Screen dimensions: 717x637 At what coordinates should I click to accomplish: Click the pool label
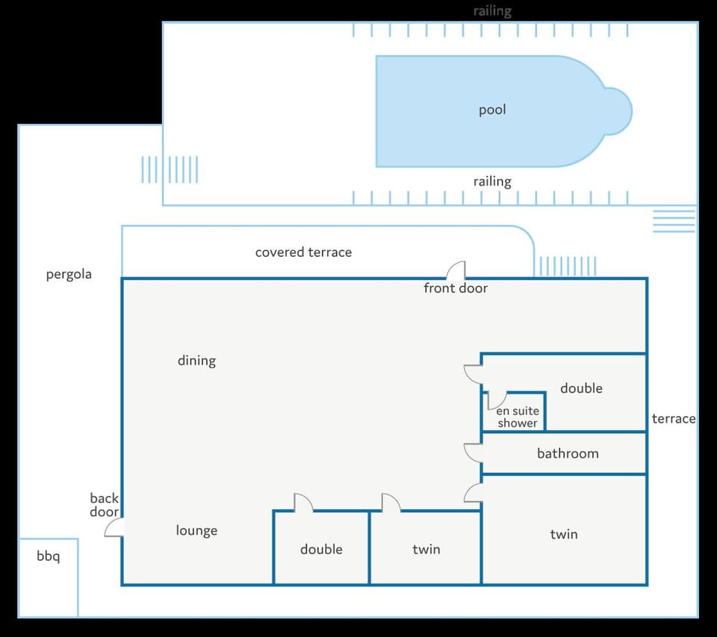(492, 111)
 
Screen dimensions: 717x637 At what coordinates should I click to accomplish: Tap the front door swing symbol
(456, 270)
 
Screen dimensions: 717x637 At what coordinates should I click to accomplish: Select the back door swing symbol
(114, 527)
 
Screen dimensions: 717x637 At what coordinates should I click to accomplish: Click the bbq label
(48, 556)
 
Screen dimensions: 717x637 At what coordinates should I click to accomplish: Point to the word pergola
(69, 274)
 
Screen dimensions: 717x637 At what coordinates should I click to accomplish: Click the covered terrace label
(303, 252)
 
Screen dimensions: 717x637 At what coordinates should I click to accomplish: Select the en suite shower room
(514, 411)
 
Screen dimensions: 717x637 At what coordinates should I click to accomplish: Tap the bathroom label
(568, 453)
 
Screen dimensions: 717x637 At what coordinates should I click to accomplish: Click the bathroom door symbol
(474, 453)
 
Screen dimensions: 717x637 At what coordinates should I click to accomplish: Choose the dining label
(196, 361)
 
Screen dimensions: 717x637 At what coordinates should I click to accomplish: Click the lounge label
(196, 530)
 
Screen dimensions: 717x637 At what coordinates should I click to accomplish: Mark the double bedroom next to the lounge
(321, 548)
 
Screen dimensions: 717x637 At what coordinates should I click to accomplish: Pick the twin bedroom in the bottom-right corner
(565, 529)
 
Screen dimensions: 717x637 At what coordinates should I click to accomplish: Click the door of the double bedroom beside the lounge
(303, 502)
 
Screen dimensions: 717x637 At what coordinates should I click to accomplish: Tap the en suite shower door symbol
(497, 400)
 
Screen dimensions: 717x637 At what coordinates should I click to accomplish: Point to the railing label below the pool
(492, 182)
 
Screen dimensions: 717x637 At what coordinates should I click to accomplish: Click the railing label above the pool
(492, 11)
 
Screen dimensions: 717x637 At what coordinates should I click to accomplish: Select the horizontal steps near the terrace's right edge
(674, 221)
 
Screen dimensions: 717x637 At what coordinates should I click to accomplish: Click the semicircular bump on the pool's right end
(618, 111)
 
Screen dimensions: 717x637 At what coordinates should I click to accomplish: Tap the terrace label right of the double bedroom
(674, 418)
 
